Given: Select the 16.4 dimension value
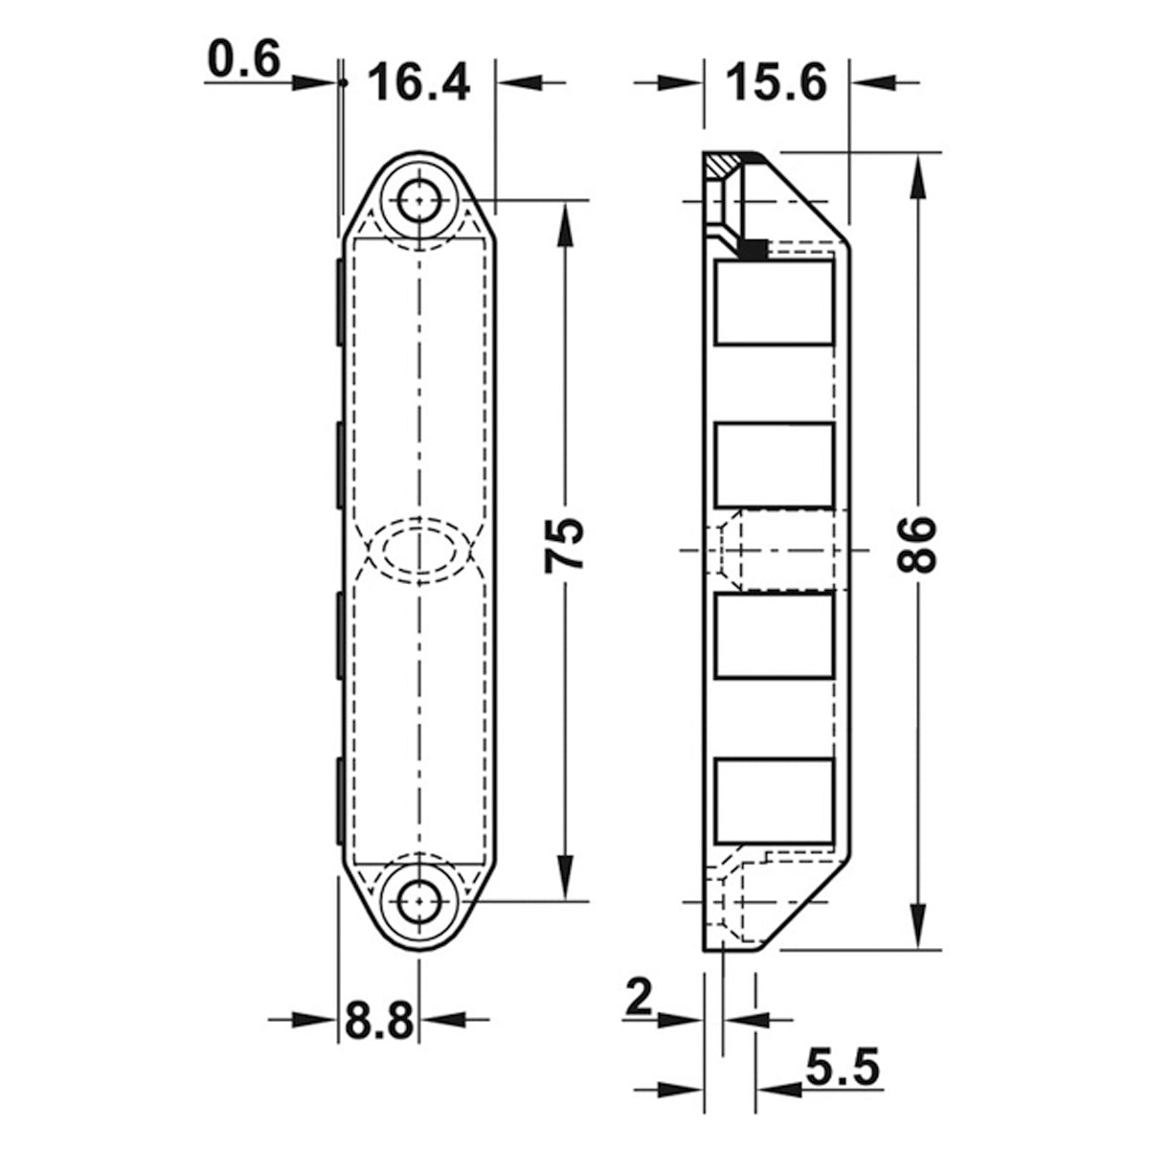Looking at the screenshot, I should (419, 83).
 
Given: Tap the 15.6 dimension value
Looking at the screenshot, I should (776, 83).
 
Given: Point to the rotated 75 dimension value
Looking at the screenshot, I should (564, 546).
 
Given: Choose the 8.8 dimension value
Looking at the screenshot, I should (378, 1021).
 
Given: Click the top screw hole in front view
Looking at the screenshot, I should (418, 202).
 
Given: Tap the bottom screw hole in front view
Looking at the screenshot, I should (418, 900).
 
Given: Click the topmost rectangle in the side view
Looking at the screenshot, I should (774, 302).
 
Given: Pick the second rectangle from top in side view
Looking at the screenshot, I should (774, 465).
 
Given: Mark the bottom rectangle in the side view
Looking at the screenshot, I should (774, 800).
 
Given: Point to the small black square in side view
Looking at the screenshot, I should (753, 249).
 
